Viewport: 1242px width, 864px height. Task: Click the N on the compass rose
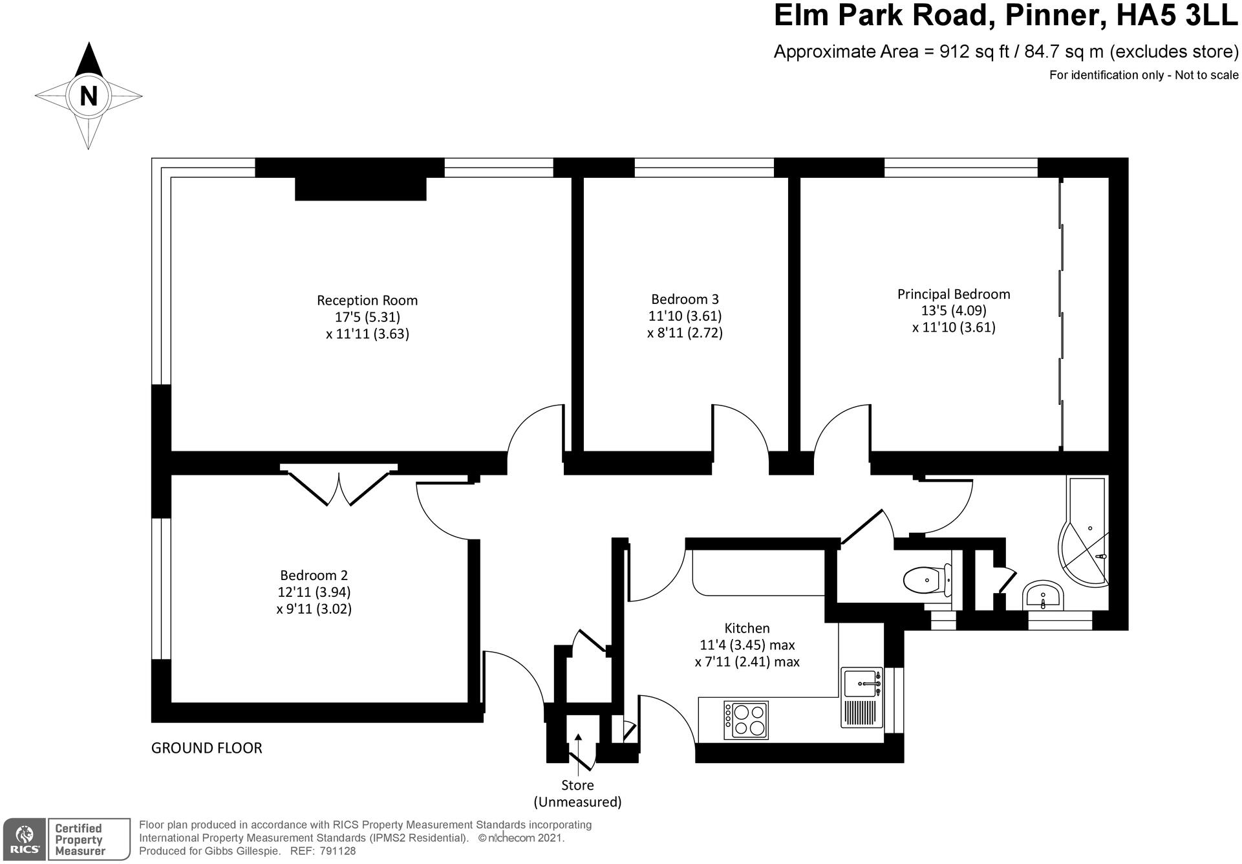pos(88,96)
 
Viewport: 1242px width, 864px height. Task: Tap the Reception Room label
pos(367,300)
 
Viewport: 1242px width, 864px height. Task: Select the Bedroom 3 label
pos(685,299)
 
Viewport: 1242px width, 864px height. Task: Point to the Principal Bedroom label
pos(953,294)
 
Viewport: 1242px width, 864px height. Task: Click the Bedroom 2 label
pos(314,575)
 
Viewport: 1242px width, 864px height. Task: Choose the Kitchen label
pos(747,628)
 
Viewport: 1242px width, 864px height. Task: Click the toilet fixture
pos(927,579)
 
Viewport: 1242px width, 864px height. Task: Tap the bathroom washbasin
pos(1042,595)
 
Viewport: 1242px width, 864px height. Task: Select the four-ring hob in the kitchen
pos(746,720)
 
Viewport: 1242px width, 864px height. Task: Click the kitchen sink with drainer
pos(862,696)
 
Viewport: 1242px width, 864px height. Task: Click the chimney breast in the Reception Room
pos(360,188)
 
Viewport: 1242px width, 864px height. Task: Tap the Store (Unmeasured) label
pos(577,794)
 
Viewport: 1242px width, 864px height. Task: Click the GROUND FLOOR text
pos(206,748)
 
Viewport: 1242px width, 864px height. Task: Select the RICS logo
pos(24,839)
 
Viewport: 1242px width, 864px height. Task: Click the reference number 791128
pos(337,851)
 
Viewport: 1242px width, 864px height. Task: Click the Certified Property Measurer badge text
pos(79,839)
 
